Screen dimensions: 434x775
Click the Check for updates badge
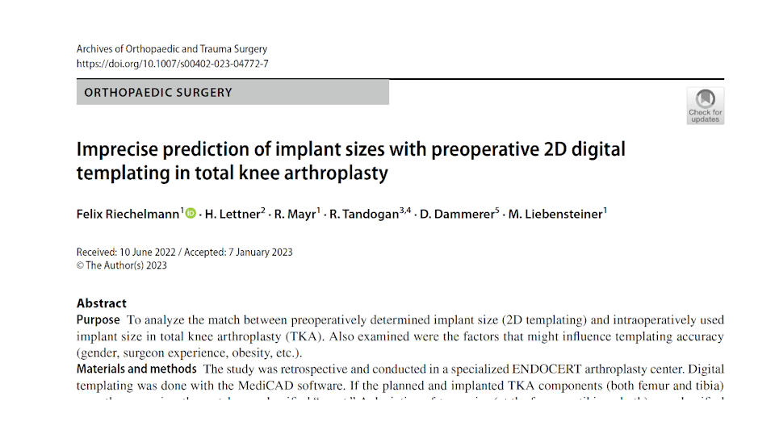point(705,106)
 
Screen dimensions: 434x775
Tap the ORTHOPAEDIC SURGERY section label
point(158,93)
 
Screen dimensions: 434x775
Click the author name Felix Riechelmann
point(128,214)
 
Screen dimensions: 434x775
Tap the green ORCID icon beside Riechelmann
point(191,214)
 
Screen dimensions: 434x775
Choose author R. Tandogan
point(366,214)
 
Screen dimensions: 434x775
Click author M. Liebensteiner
point(555,214)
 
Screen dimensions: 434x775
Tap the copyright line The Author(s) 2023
point(126,265)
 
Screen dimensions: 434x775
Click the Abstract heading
point(102,303)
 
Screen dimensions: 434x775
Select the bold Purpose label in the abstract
point(98,319)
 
